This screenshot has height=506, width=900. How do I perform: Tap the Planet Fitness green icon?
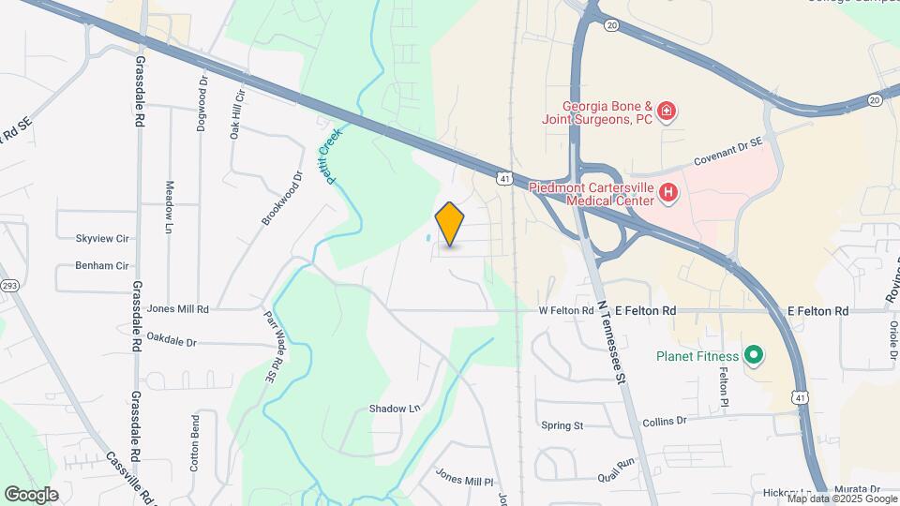click(753, 356)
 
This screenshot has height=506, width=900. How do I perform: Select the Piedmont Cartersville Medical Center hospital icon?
click(667, 194)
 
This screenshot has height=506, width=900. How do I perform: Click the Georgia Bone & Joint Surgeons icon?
click(666, 112)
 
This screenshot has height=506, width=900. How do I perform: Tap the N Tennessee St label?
click(610, 342)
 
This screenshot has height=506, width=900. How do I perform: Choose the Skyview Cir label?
click(102, 239)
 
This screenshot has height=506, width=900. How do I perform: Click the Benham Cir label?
click(102, 266)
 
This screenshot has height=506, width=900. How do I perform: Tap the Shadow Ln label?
click(394, 409)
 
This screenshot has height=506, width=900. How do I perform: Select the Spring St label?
click(562, 425)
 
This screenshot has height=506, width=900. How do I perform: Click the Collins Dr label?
click(665, 423)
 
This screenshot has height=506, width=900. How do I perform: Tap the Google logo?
click(31, 494)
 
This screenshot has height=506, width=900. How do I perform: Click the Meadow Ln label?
click(170, 208)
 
